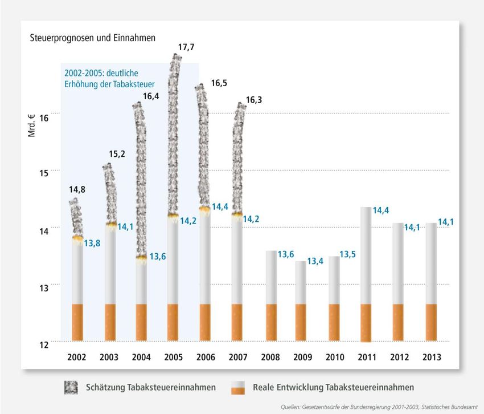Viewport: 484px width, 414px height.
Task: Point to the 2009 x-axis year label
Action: click(302, 357)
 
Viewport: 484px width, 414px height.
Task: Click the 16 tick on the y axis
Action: click(43, 117)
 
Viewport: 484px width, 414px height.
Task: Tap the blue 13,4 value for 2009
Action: click(315, 262)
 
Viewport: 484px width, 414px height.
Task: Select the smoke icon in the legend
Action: click(71, 387)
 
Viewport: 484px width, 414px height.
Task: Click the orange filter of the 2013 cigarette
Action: click(431, 322)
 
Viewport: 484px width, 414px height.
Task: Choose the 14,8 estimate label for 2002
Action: click(77, 190)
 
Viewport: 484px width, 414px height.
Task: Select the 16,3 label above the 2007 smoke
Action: click(254, 100)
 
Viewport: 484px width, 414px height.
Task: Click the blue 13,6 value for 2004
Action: click(157, 257)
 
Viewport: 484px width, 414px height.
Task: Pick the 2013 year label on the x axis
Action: click(431, 357)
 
